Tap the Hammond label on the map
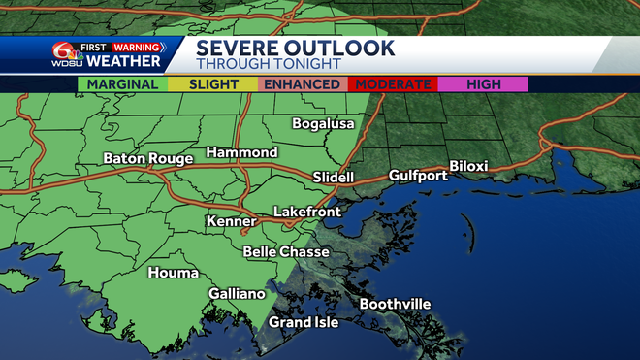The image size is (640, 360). [241, 153]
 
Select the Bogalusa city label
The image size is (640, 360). [324, 124]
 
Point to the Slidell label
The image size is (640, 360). [334, 177]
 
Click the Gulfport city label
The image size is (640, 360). [418, 176]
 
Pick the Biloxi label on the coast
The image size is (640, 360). [468, 167]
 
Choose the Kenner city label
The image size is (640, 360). [231, 222]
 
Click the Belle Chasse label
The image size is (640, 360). [286, 252]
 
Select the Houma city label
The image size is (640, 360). [173, 273]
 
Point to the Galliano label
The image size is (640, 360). [237, 294]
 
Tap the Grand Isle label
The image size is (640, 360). [304, 322]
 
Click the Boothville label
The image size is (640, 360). [395, 305]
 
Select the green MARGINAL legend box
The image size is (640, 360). [122, 84]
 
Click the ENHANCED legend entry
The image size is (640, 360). [303, 84]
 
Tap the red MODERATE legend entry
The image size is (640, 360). [393, 84]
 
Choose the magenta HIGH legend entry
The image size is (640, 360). [482, 84]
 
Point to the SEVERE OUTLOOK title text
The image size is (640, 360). [295, 48]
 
